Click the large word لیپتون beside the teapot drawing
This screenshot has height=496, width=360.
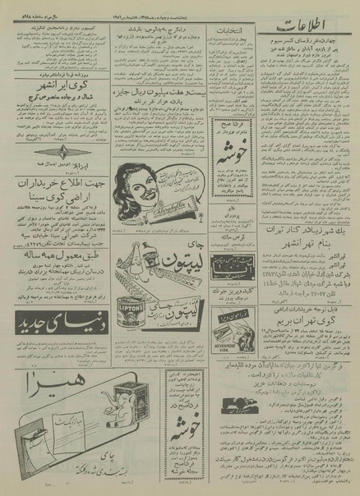(164, 286)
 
